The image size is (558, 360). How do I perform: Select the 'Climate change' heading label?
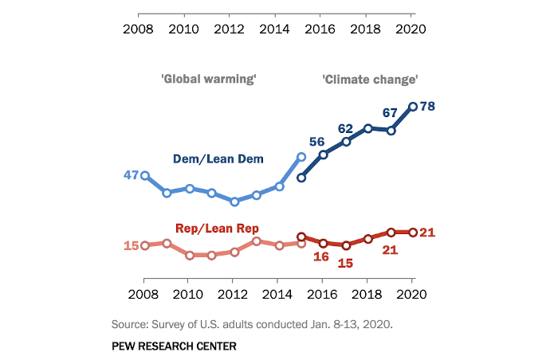[370, 79]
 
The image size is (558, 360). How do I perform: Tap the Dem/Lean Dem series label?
[218, 159]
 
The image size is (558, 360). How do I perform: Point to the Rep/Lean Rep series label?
[218, 229]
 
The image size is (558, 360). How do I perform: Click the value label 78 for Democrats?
[427, 106]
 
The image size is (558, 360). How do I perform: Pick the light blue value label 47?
[131, 174]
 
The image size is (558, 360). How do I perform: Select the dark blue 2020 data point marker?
[413, 106]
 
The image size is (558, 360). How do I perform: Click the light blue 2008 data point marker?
[144, 174]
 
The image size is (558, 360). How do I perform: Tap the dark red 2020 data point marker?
[413, 233]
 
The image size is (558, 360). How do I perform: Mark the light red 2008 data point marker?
[144, 245]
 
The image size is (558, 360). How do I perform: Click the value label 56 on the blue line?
[317, 141]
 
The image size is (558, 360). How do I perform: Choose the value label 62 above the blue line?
[345, 128]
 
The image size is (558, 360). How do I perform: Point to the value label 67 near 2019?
[390, 113]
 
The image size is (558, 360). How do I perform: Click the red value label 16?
[321, 256]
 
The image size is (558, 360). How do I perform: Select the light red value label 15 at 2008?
[131, 245]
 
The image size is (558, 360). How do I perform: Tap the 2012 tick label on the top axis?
[230, 29]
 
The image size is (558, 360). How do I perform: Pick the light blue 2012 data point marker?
[234, 202]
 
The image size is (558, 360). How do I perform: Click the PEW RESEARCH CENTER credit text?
[175, 346]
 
